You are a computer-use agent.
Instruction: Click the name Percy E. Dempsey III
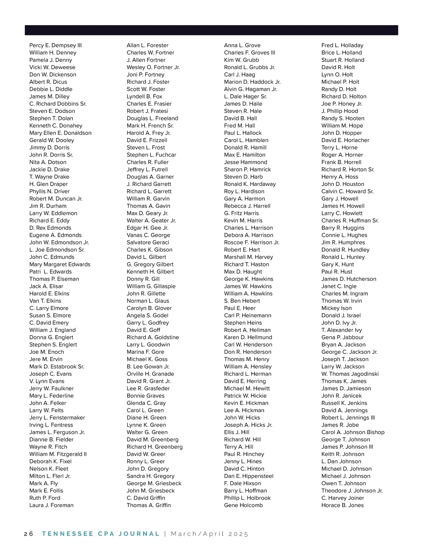pyautogui.click(x=55, y=45)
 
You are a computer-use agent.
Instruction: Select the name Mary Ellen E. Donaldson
pyautogui.click(x=60, y=133)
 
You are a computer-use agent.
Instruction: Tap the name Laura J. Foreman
pyautogui.click(x=51, y=505)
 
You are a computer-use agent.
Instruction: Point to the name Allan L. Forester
pyautogui.click(x=147, y=45)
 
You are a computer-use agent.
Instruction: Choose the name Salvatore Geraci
pyautogui.click(x=148, y=242)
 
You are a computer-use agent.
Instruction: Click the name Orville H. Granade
pyautogui.click(x=150, y=374)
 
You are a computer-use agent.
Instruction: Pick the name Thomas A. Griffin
pyautogui.click(x=148, y=505)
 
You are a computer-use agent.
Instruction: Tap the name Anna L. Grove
pyautogui.click(x=242, y=45)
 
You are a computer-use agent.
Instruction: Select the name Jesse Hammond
pyautogui.click(x=245, y=162)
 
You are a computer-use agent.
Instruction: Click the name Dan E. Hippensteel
pyautogui.click(x=249, y=476)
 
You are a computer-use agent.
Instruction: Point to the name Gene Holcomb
pyautogui.click(x=243, y=505)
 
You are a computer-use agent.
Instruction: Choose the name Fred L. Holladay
pyautogui.click(x=342, y=45)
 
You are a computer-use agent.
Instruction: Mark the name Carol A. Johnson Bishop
pyautogui.click(x=353, y=432)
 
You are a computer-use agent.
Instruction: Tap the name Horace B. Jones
pyautogui.click(x=342, y=505)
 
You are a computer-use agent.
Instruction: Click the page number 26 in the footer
pyautogui.click(x=29, y=534)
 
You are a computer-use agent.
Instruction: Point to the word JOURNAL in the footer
pyautogui.click(x=139, y=534)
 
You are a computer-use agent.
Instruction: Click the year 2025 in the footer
pyautogui.click(x=238, y=534)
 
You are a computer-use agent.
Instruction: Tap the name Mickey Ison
pyautogui.click(x=336, y=308)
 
